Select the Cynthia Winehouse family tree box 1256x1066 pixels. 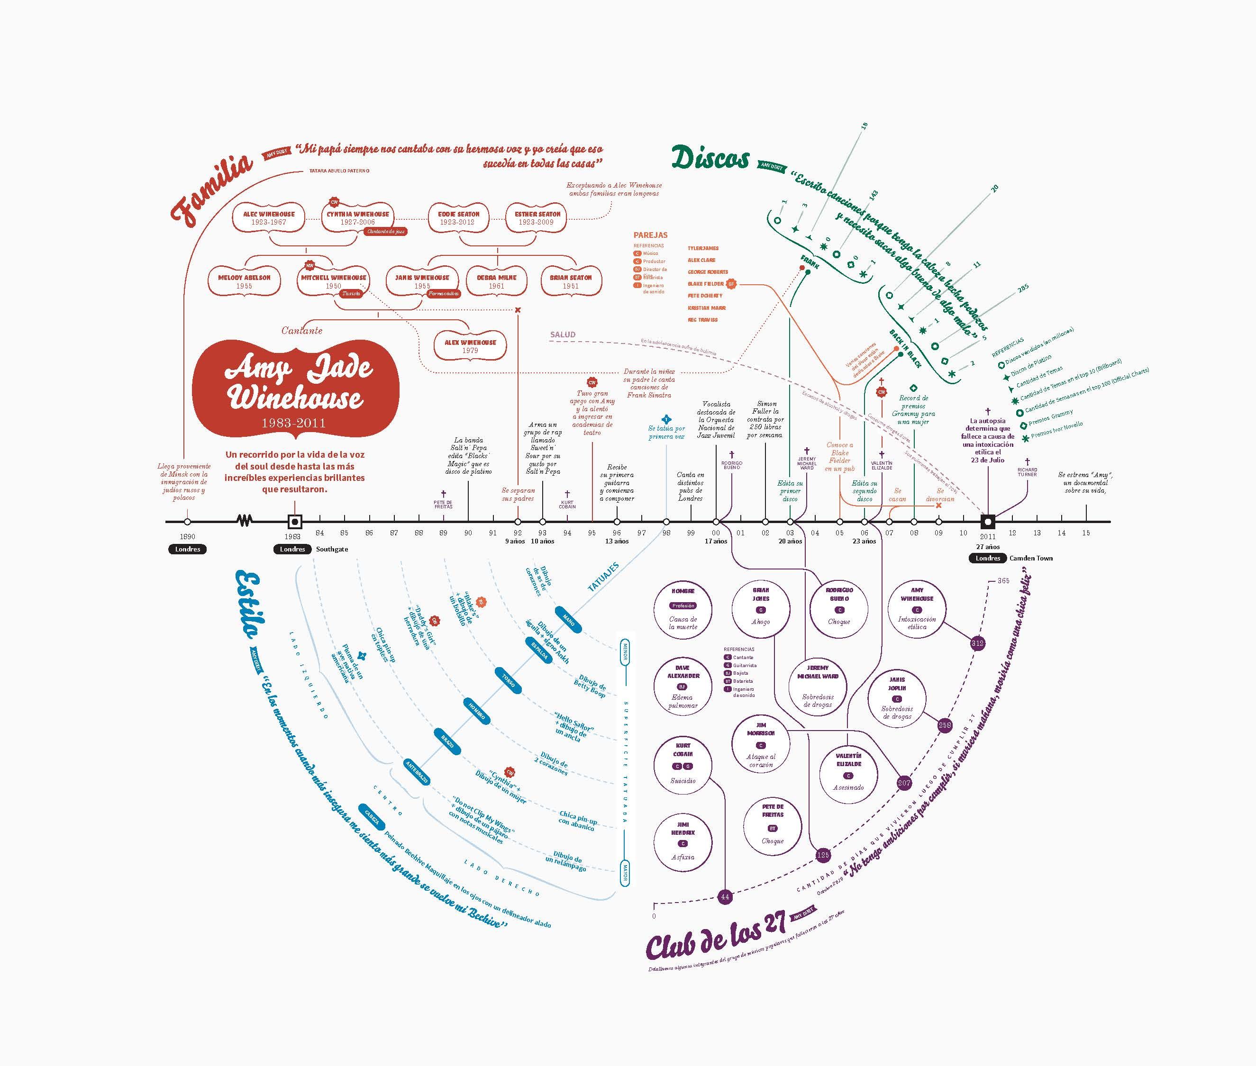coord(357,218)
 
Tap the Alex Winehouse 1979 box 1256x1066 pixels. coord(470,346)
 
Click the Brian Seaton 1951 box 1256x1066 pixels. coord(571,281)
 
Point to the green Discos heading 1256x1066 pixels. coord(710,159)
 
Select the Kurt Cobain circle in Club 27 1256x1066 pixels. coord(683,765)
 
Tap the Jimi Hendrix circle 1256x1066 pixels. coord(683,840)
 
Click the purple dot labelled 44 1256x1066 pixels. coord(725,897)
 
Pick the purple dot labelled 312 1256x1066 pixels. coord(977,643)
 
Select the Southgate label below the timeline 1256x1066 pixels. coord(332,549)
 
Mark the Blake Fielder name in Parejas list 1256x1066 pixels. coord(705,283)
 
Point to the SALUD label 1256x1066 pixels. coord(562,334)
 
